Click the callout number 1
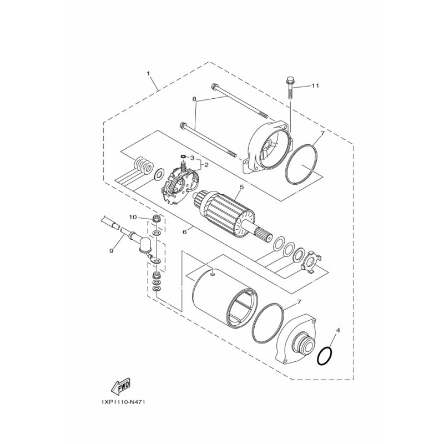pos(148,73)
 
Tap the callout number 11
pos(315,85)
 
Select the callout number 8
pos(194,99)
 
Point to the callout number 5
pos(241,187)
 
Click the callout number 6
pos(185,232)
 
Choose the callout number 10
pos(133,217)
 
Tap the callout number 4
pos(338,330)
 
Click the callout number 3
pos(191,158)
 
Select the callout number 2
pos(206,165)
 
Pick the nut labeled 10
pos(155,218)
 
